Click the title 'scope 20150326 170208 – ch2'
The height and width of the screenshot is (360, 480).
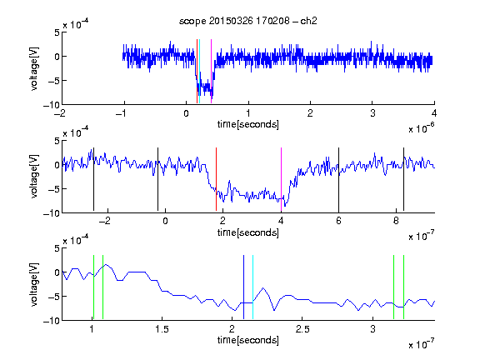[x=248, y=21]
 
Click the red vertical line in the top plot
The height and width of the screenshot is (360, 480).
[x=197, y=72]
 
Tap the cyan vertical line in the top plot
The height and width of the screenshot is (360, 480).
[x=199, y=72]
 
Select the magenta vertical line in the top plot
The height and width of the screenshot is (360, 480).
[x=211, y=72]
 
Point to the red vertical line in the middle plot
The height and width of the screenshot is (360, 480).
[x=216, y=179]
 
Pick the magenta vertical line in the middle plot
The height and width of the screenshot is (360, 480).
[x=281, y=179]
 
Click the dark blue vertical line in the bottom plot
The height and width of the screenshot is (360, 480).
[x=243, y=287]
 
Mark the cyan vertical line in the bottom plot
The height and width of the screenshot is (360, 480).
[x=252, y=287]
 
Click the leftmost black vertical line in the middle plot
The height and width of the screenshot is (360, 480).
[x=93, y=179]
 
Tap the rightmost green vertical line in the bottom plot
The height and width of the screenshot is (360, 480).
[x=404, y=287]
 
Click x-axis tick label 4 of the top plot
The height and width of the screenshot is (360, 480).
[x=434, y=113]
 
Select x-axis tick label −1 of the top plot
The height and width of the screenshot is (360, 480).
[x=121, y=113]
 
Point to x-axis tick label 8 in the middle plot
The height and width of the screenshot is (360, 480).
[x=396, y=221]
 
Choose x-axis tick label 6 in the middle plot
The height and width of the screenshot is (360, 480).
[x=338, y=221]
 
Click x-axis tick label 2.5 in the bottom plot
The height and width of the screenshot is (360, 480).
[x=302, y=329]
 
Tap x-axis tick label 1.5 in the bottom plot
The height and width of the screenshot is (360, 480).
[x=162, y=329]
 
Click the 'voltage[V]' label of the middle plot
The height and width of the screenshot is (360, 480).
[x=34, y=177]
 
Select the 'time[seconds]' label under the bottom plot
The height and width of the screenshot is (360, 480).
[x=248, y=340]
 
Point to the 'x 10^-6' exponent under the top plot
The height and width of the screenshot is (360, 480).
[x=422, y=128]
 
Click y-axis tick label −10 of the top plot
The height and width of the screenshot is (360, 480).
[x=51, y=105]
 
